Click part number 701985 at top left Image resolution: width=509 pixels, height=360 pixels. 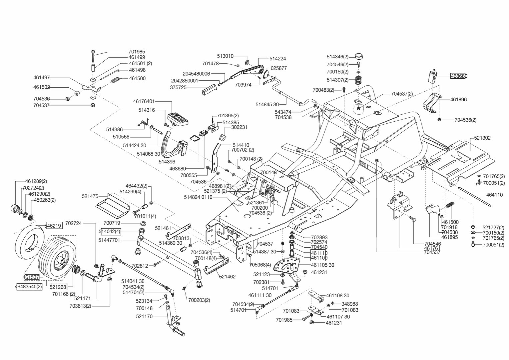point(137,52)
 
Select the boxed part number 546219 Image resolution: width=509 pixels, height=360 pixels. point(53,226)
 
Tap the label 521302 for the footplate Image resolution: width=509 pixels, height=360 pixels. point(482,138)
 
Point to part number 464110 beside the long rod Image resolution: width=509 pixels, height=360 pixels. point(494,195)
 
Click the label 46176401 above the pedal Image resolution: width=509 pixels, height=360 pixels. point(144,101)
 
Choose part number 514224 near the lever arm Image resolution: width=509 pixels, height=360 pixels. point(277,59)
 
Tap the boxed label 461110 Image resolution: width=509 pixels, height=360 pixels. point(319,253)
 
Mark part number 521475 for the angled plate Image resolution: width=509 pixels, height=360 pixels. point(90,196)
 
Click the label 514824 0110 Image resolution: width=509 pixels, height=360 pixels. point(198,197)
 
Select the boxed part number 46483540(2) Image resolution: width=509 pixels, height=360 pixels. point(29,286)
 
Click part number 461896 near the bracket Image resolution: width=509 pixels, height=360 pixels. point(458,99)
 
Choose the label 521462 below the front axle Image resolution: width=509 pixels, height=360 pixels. point(227,276)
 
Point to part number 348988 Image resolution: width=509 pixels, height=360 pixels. point(349,304)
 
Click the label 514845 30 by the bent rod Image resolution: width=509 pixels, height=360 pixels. point(267,104)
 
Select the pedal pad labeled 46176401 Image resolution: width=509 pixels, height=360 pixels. point(179,118)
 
